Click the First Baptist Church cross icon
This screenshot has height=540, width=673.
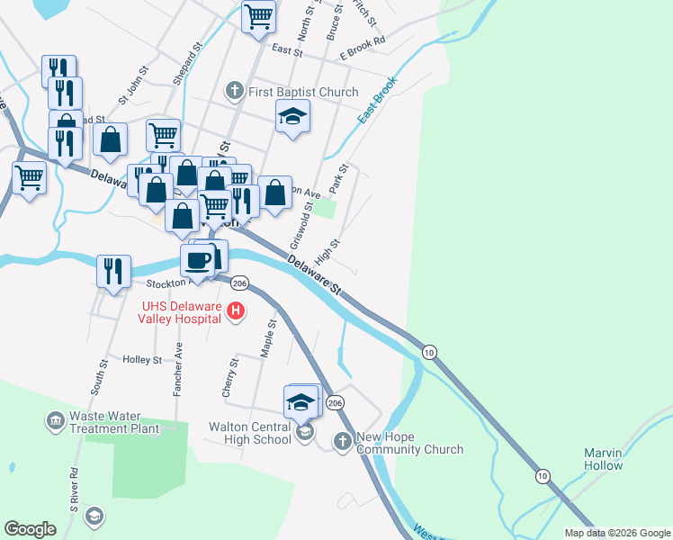click(x=235, y=91)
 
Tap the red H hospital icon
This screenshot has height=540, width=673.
click(x=236, y=312)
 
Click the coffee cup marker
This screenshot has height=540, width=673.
click(x=198, y=261)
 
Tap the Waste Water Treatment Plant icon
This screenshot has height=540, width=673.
click(x=56, y=420)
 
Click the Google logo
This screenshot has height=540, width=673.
click(x=30, y=528)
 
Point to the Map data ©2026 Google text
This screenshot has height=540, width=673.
click(x=617, y=533)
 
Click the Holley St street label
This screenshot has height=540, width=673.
click(x=142, y=359)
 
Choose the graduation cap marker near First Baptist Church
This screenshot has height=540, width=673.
click(x=292, y=117)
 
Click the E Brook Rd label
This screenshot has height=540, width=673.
click(x=362, y=41)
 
